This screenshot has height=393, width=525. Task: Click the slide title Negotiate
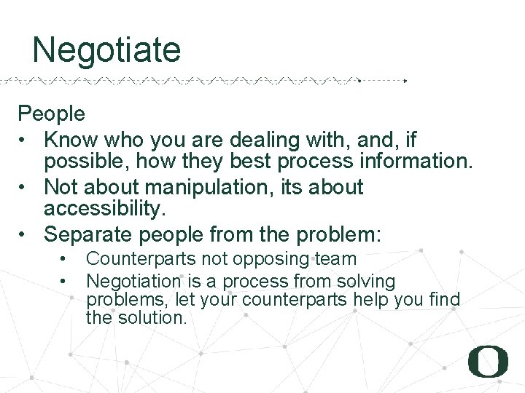pyautogui.click(x=106, y=51)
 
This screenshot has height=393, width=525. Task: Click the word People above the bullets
pyautogui.click(x=51, y=114)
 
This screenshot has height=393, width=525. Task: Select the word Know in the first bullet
pyautogui.click(x=69, y=139)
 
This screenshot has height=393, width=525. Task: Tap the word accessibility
pyautogui.click(x=105, y=210)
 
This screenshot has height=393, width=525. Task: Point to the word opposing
pyautogui.click(x=278, y=259)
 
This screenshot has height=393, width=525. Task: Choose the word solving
pyautogui.click(x=364, y=281)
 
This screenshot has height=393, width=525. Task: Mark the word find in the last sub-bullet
pyautogui.click(x=444, y=299)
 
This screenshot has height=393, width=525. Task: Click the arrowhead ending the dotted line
pyautogui.click(x=405, y=81)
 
